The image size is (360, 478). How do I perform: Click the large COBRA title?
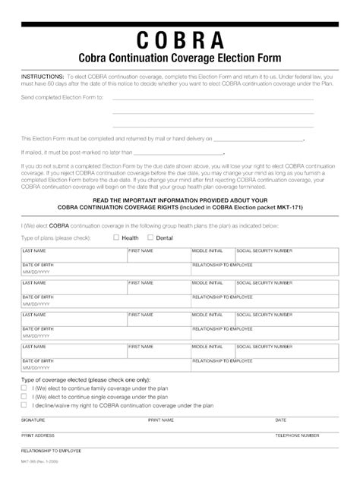[x=181, y=40]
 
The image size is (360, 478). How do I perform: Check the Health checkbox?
[x=116, y=237]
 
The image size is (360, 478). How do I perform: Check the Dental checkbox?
[x=151, y=237]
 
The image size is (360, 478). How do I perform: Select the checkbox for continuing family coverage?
[x=24, y=387]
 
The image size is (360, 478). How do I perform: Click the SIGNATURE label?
[x=33, y=420]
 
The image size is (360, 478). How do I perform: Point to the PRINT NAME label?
[x=161, y=420]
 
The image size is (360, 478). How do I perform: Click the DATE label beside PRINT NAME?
[x=280, y=420]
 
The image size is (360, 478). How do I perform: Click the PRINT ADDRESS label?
[x=38, y=436]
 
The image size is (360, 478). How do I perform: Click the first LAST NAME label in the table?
[x=33, y=250]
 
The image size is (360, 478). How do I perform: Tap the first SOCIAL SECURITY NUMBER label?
[x=264, y=250]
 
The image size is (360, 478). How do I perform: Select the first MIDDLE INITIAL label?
[x=207, y=250]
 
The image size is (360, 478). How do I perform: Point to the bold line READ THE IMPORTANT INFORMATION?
[x=180, y=200]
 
